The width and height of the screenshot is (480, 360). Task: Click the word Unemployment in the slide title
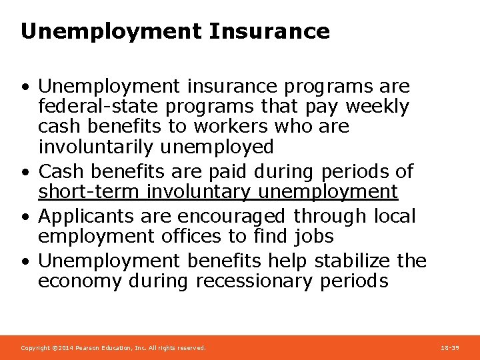[x=111, y=31]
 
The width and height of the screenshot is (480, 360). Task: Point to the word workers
[x=225, y=127]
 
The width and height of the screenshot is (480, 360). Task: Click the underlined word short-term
[x=89, y=192]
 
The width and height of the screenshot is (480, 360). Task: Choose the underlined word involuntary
[x=199, y=192]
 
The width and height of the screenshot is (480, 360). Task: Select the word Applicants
[x=88, y=216]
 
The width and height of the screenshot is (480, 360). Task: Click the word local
[x=394, y=216]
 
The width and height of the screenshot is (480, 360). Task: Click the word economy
[x=80, y=281]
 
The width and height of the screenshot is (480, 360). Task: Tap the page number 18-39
[x=450, y=348]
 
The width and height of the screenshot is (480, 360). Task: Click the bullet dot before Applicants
[x=25, y=217]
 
